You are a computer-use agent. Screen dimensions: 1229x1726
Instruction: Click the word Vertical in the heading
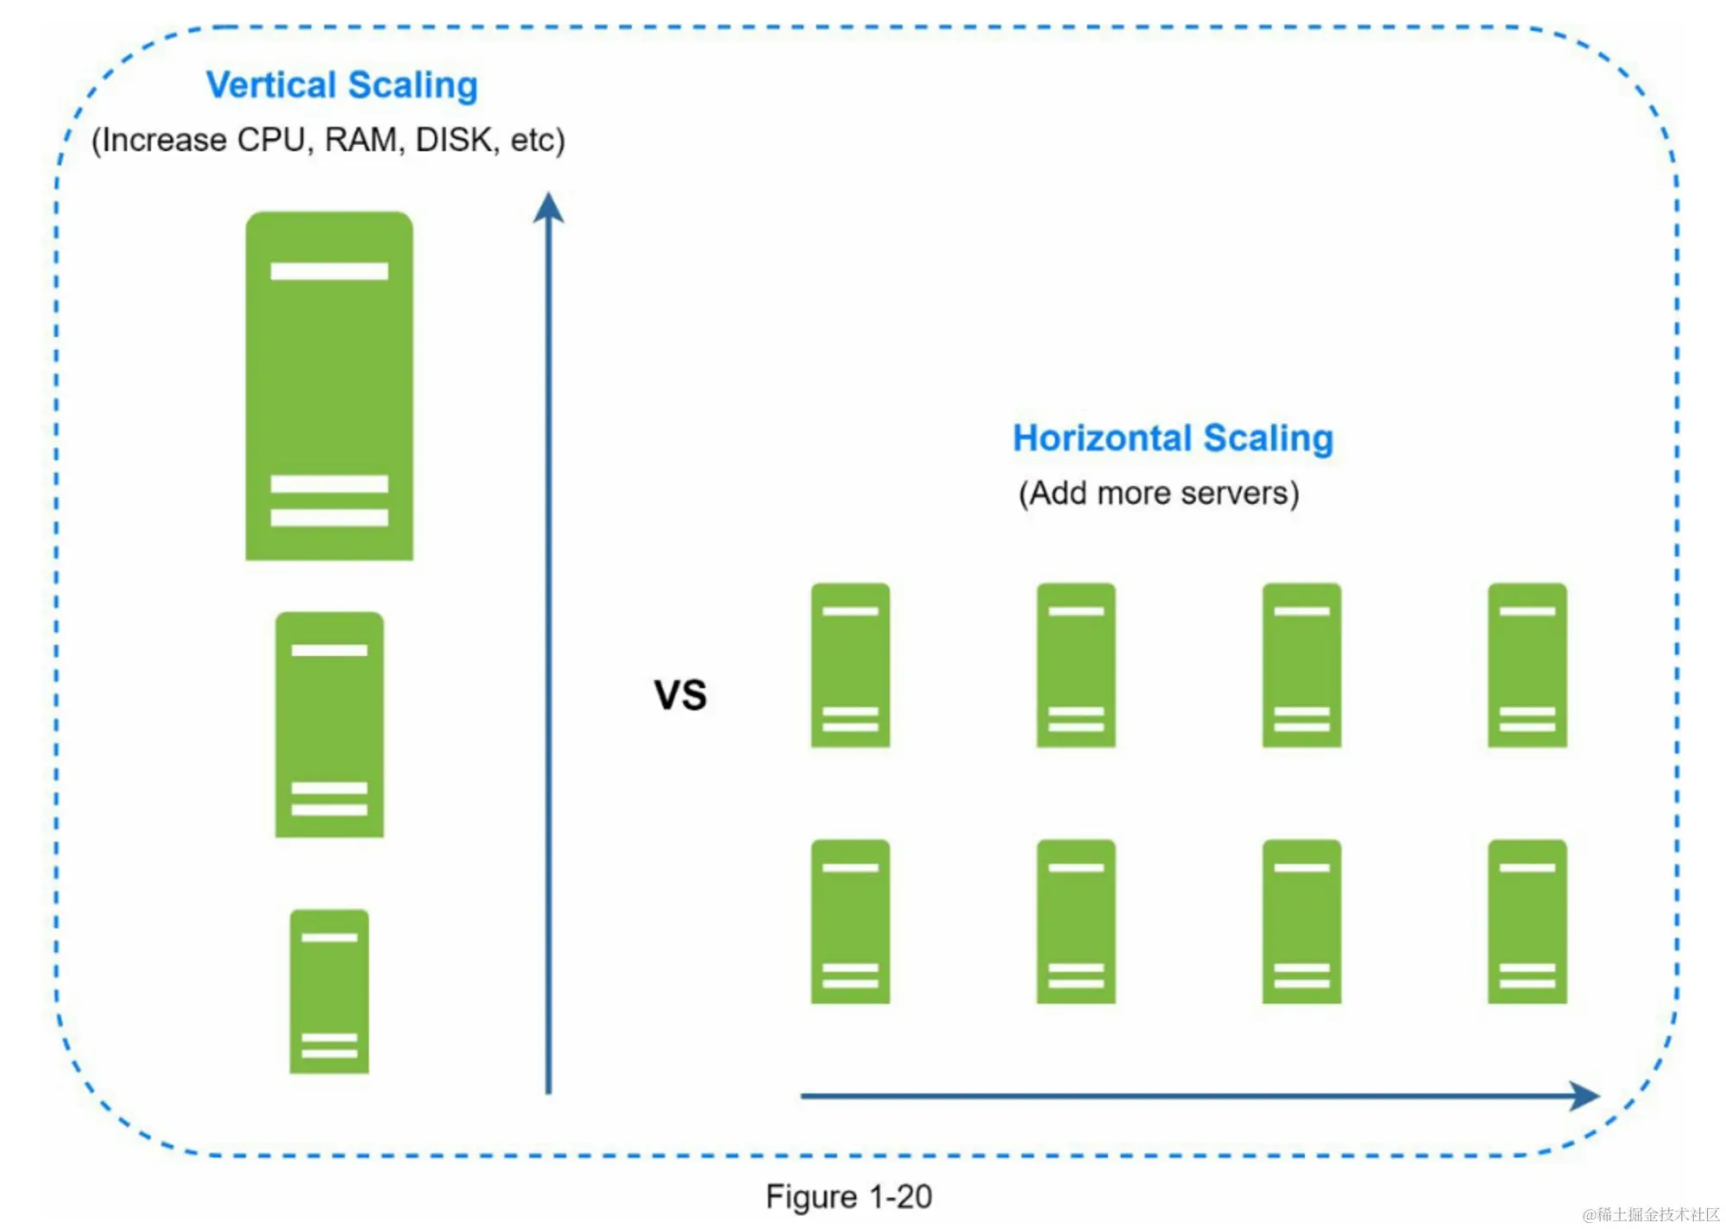tap(270, 85)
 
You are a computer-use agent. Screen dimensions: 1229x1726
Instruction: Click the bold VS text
tap(680, 695)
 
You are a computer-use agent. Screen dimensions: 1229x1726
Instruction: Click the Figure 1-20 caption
tap(848, 1197)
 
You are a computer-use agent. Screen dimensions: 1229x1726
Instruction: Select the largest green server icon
tap(329, 386)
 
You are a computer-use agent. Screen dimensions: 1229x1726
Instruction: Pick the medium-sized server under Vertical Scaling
tap(329, 724)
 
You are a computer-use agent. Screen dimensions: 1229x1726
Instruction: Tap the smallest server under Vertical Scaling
tap(329, 991)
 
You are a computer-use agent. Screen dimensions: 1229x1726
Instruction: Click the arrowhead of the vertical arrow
tap(548, 208)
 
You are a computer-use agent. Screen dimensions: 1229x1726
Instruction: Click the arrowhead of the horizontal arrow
tap(1584, 1096)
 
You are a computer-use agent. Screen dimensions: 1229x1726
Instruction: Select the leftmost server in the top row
tap(850, 665)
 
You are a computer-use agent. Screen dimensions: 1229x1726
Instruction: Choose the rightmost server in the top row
tap(1527, 665)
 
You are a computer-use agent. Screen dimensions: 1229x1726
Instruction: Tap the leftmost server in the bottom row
tap(850, 921)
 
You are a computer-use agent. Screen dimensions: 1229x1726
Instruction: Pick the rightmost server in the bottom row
tap(1527, 921)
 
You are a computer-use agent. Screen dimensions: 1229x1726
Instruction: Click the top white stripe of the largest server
tap(329, 271)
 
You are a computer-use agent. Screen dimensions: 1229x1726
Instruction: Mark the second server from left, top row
tap(1075, 665)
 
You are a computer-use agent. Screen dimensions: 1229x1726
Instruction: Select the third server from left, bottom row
tap(1301, 921)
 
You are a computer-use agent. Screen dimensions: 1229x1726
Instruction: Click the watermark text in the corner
tap(1650, 1214)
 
